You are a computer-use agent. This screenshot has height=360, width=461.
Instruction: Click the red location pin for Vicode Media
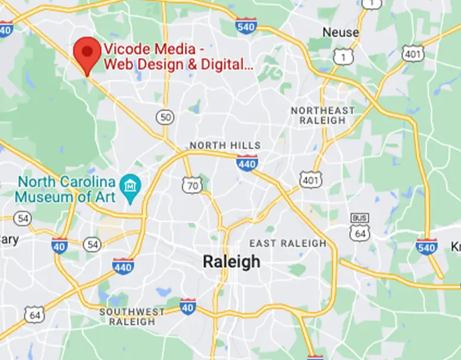tap(87, 53)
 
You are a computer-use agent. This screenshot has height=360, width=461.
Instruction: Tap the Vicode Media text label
tap(178, 57)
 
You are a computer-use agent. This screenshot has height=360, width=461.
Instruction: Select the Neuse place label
tap(340, 33)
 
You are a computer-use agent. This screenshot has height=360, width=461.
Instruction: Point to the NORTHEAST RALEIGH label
tap(323, 115)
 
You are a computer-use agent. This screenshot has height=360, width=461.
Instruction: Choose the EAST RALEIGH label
tap(288, 243)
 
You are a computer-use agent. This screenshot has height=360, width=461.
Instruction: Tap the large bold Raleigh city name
tap(231, 262)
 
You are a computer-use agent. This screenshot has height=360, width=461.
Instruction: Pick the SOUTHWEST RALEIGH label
tap(132, 316)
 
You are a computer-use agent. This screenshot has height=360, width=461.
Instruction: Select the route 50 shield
tap(165, 117)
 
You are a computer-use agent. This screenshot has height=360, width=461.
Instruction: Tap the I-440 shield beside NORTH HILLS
tap(246, 163)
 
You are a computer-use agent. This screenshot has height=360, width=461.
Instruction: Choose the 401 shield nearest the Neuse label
tap(413, 53)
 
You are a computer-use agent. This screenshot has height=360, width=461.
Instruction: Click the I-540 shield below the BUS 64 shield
tap(426, 246)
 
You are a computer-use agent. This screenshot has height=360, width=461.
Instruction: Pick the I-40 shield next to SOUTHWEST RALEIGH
tap(187, 306)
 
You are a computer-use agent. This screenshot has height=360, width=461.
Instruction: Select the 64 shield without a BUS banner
tap(34, 314)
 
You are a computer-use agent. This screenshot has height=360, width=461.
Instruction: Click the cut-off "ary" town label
tap(9, 239)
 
